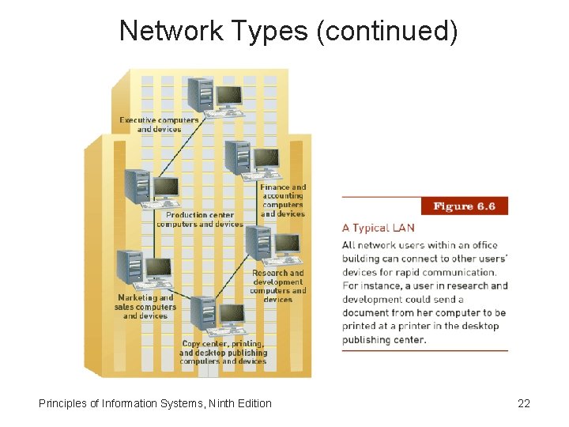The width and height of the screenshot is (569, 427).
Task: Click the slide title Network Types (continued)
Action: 288,31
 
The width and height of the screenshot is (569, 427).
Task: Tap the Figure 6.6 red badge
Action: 464,206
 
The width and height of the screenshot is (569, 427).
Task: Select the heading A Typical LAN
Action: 378,228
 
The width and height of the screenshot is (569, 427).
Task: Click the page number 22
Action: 523,403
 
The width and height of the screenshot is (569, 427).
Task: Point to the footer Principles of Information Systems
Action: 154,403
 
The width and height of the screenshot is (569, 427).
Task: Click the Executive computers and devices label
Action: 159,125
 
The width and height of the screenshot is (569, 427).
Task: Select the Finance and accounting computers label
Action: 283,201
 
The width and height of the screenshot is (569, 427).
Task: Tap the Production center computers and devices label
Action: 199,219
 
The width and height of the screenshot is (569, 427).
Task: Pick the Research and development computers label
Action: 277,286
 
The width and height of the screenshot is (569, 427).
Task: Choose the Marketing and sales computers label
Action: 145,307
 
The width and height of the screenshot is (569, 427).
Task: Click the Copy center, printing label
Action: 223,353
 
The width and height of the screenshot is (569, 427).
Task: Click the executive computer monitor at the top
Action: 229,96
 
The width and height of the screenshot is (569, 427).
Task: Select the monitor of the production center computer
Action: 165,188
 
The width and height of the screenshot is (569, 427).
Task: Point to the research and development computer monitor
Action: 286,244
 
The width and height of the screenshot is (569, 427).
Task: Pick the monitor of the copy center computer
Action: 232,315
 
